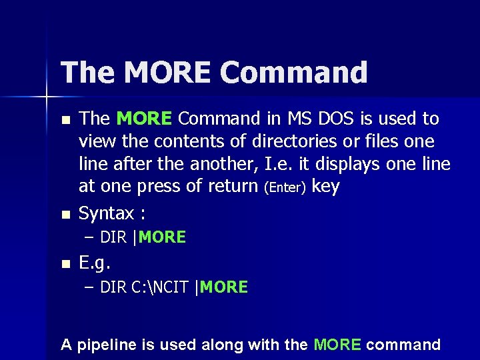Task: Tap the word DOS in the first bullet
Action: (332, 119)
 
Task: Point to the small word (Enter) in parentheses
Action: (285, 188)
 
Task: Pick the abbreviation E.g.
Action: (94, 262)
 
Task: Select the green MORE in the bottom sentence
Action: (337, 345)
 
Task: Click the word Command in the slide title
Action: (294, 73)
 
